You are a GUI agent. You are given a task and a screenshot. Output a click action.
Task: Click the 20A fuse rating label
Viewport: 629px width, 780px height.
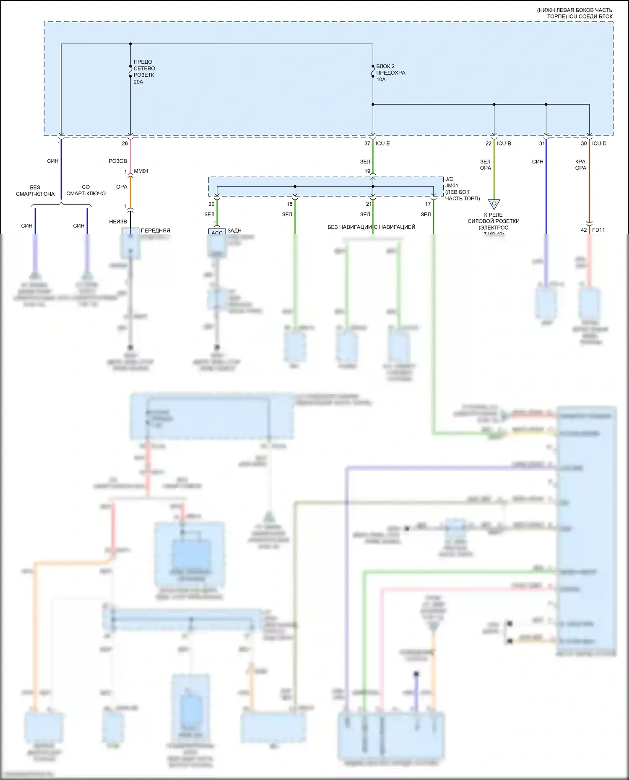coord(138,82)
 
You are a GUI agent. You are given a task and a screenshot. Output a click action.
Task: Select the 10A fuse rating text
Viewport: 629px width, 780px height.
coord(381,80)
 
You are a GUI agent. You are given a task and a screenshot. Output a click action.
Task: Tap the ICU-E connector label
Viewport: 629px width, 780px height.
coord(383,143)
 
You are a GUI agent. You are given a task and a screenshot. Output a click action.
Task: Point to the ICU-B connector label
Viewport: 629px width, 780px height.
coord(504,143)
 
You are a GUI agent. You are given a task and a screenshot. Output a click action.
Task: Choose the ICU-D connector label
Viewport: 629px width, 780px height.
coord(599,143)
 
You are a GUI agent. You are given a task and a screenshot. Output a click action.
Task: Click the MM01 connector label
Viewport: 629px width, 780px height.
coord(141,171)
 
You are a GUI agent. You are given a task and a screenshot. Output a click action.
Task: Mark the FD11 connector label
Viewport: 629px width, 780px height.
coord(598,230)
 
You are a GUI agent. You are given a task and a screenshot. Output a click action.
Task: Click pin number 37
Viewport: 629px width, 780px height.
coord(367,143)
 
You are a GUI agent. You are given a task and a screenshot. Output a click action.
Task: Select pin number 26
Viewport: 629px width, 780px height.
coord(125,143)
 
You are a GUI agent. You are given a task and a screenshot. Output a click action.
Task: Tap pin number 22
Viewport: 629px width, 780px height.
coord(489,143)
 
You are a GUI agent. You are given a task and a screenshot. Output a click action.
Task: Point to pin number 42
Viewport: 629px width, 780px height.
coord(584,230)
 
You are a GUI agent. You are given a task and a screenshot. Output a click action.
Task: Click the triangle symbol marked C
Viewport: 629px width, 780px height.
coord(494,204)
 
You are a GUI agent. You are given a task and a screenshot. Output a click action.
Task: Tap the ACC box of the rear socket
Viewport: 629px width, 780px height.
coord(217,232)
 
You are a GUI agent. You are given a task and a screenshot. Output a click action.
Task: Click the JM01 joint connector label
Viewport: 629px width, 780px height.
coord(452,185)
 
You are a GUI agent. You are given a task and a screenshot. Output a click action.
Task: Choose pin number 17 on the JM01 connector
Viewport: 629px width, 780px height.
coord(428,204)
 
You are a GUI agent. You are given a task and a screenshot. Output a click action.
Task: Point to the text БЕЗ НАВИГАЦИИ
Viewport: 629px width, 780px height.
coord(349,227)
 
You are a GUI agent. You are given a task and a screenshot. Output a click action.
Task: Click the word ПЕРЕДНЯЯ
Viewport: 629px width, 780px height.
coord(156,231)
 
